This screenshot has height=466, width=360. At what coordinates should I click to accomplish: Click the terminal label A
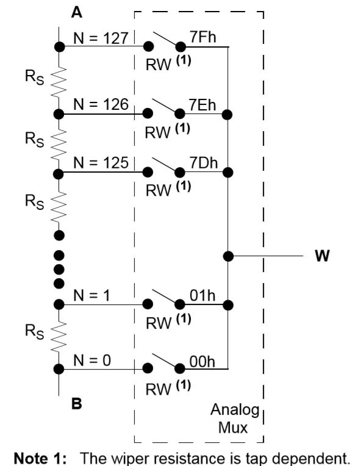77,12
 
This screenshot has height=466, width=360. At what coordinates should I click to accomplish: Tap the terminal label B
77,404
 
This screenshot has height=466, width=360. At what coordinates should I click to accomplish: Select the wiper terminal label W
322,256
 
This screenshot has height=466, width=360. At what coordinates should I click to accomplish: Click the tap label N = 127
101,38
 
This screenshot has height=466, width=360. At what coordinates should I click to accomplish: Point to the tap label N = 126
101,104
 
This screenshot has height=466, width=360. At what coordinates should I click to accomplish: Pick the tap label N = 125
101,163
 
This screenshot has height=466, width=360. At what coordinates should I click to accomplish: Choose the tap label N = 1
92,295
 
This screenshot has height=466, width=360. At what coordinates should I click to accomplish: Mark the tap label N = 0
92,360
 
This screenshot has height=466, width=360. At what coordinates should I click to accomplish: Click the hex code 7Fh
203,37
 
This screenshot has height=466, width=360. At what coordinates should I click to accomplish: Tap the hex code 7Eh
202,105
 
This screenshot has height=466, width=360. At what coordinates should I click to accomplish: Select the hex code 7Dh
204,163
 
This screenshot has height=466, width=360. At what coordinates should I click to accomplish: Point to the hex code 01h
203,296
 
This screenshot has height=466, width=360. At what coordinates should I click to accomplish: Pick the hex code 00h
202,362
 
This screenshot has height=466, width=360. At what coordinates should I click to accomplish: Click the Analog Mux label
234,419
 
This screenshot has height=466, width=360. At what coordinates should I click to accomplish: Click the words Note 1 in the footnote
40,458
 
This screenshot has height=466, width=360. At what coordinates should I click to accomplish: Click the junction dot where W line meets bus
228,256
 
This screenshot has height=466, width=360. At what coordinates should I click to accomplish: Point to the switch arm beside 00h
165,361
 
